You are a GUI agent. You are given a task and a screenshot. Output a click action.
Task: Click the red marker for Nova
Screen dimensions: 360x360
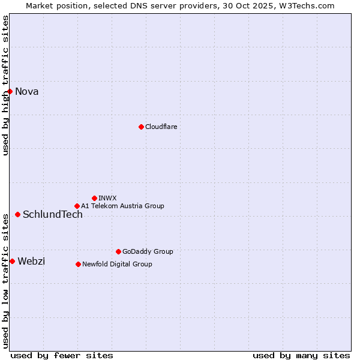point(10,91)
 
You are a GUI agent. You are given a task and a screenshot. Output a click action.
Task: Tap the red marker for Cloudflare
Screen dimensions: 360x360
point(141,127)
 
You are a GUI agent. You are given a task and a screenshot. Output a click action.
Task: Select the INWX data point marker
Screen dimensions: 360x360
point(94,198)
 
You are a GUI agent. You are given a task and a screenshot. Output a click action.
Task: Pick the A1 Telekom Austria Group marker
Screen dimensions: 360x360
point(77,206)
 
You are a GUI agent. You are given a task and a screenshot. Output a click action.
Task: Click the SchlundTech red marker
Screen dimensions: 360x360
point(17,214)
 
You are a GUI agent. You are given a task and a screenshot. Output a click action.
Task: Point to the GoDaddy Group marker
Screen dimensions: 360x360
point(118,251)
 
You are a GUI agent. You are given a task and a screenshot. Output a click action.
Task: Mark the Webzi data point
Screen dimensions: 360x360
point(12,261)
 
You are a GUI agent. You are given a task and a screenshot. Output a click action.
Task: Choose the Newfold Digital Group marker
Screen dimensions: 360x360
point(78,264)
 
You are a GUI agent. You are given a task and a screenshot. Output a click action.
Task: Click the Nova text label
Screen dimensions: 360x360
point(27,92)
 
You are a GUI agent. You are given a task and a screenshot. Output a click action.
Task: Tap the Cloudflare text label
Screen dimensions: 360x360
point(161,127)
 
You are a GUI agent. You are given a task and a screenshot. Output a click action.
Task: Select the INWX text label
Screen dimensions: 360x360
point(107,198)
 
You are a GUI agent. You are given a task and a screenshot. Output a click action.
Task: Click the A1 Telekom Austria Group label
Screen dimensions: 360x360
point(122,206)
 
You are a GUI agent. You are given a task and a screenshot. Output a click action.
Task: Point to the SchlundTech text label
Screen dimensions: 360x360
point(53,215)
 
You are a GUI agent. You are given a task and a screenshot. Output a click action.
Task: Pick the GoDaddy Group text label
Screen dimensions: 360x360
point(148,251)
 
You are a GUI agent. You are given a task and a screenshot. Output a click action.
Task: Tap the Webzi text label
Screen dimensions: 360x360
point(31,261)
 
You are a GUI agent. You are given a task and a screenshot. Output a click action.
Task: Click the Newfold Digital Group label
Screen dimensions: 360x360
point(117,264)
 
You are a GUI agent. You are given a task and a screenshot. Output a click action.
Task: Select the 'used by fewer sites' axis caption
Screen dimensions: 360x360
point(62,355)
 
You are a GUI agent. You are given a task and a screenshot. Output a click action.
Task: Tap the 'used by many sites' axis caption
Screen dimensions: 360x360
point(301,355)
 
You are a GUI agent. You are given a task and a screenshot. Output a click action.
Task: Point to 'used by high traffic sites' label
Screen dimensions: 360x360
point(5,86)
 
